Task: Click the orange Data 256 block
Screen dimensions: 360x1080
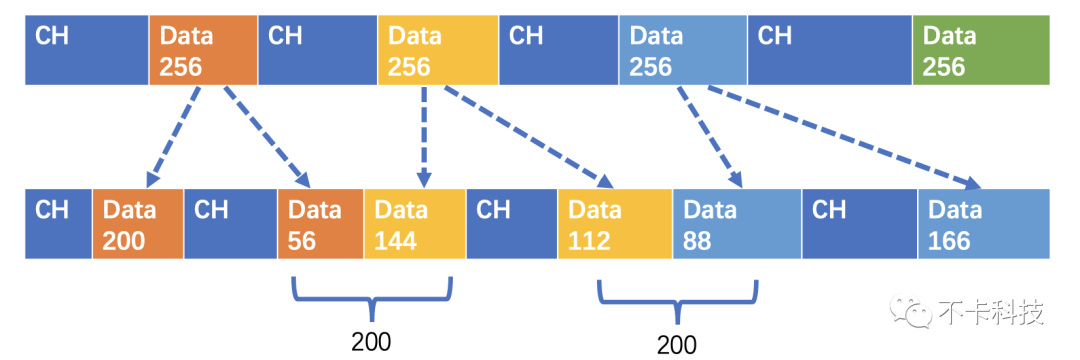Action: pos(202,51)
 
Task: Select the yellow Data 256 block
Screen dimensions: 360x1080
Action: pos(437,51)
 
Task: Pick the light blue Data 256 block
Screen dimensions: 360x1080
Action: pos(683,51)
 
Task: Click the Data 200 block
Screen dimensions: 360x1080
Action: pos(138,224)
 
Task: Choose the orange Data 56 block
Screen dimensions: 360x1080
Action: pos(320,224)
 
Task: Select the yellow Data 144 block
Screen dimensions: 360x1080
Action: pos(414,224)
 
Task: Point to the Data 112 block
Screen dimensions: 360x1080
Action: pos(615,224)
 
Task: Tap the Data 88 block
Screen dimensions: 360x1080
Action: pos(737,224)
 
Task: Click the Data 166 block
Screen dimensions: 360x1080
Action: pos(983,224)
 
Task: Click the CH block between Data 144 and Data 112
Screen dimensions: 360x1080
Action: pos(511,224)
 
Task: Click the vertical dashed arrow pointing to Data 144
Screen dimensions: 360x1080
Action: pos(424,136)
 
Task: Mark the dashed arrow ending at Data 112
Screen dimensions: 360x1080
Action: pos(526,136)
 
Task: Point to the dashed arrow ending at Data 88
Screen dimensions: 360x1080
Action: pos(711,136)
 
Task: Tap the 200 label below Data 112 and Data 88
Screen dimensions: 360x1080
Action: pos(677,344)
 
